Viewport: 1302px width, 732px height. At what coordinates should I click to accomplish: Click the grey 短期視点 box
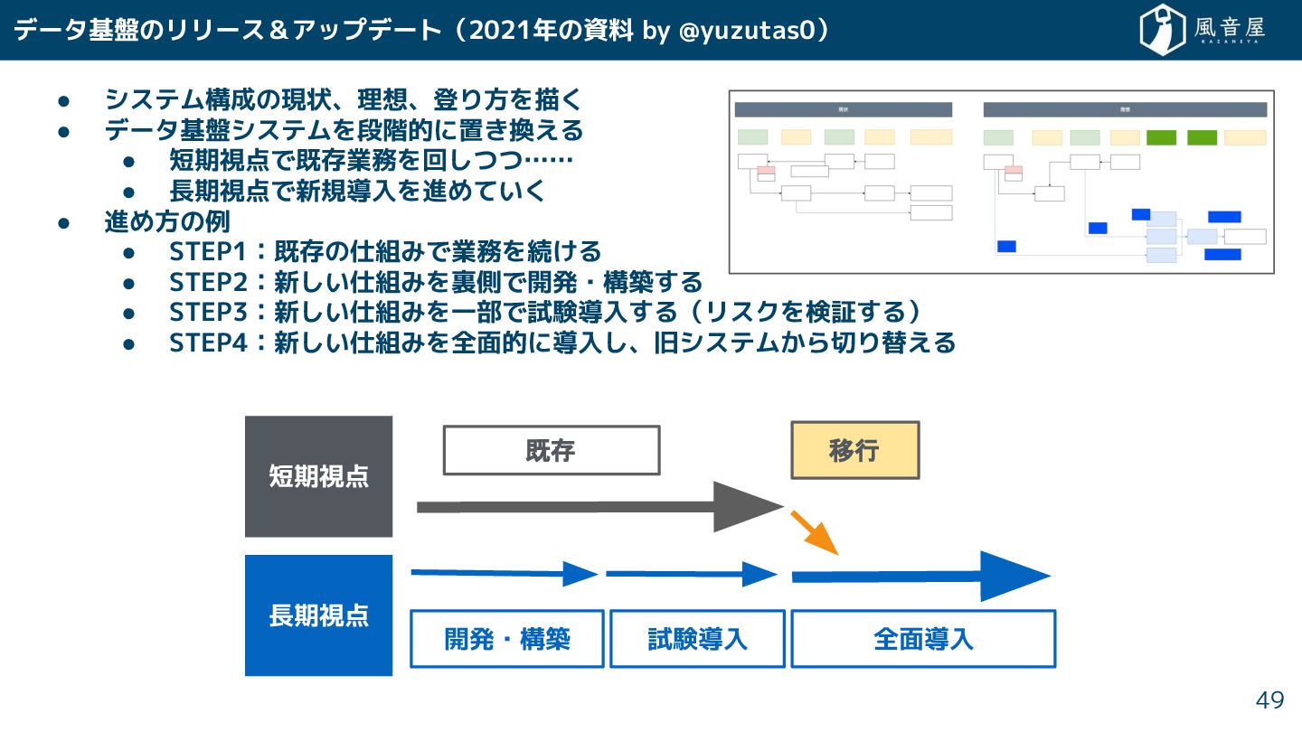[x=318, y=476]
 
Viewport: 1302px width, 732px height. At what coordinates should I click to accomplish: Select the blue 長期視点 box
[x=318, y=615]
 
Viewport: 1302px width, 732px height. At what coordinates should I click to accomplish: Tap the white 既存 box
[x=551, y=450]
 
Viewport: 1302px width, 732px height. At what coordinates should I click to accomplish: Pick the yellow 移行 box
[x=854, y=450]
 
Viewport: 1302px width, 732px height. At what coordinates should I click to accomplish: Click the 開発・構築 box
[x=507, y=639]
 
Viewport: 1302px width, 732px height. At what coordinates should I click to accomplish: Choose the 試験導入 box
[x=697, y=639]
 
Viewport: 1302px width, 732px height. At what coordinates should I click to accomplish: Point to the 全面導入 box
[x=923, y=639]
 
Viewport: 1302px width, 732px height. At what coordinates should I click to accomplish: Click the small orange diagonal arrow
[x=815, y=532]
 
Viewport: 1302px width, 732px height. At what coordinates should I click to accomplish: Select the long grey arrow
[x=597, y=507]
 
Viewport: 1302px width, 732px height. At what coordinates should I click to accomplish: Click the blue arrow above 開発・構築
[x=504, y=573]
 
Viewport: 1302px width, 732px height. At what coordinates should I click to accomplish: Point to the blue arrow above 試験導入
[x=691, y=574]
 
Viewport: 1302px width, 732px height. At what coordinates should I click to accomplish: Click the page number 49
[x=1269, y=699]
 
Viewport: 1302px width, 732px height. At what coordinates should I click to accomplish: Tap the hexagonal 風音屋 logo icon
[x=1163, y=30]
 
